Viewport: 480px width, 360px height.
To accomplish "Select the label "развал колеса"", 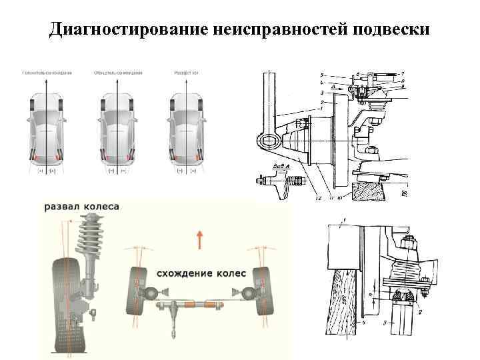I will click(x=82, y=207).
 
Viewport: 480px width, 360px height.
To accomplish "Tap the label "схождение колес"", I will click(x=201, y=273).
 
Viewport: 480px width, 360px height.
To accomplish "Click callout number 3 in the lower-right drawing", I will click(x=385, y=323).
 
